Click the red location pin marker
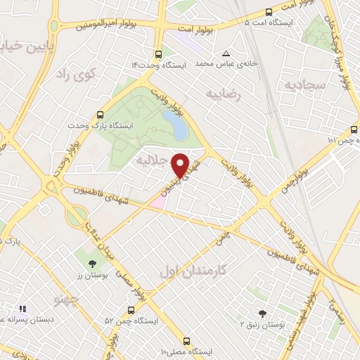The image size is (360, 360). click(181, 165)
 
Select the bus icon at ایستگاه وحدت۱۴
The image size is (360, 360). click(157, 53)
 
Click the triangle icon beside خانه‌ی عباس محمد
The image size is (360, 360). click(226, 53)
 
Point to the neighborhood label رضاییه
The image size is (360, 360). click(224, 93)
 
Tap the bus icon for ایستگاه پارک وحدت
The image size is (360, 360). click(101, 114)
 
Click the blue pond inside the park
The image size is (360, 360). click(176, 124)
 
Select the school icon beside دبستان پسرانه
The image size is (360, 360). click(22, 308)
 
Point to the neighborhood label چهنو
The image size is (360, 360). click(65, 300)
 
